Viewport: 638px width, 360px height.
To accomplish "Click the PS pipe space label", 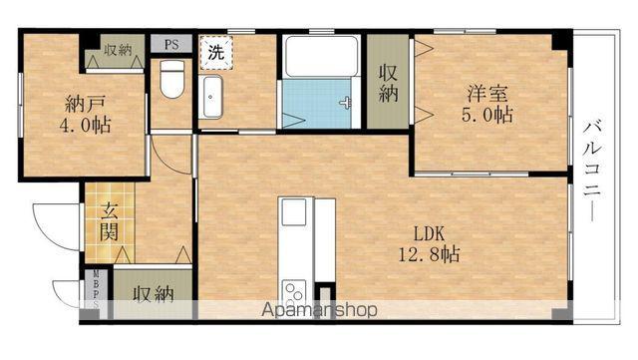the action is click(171, 44).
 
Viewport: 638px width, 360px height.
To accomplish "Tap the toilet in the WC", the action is click(172, 79).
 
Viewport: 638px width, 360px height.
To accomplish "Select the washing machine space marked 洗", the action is click(216, 53).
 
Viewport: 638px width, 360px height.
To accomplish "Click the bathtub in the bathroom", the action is click(321, 56).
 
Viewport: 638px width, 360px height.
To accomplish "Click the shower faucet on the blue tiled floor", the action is click(346, 104).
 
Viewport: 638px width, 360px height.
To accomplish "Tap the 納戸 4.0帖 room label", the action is click(85, 115).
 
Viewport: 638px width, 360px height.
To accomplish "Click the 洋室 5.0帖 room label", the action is click(487, 104).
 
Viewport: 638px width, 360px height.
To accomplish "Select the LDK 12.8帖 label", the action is click(429, 244).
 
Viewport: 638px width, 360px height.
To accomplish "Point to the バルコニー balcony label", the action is click(591, 172).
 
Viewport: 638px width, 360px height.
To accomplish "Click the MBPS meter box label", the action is click(97, 289).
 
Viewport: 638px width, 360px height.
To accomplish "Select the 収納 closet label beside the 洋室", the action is click(388, 83).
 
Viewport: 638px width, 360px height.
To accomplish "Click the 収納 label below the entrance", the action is click(154, 294).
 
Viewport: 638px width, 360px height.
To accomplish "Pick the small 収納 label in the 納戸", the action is click(118, 50).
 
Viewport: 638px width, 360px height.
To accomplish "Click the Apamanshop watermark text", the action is click(319, 310).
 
